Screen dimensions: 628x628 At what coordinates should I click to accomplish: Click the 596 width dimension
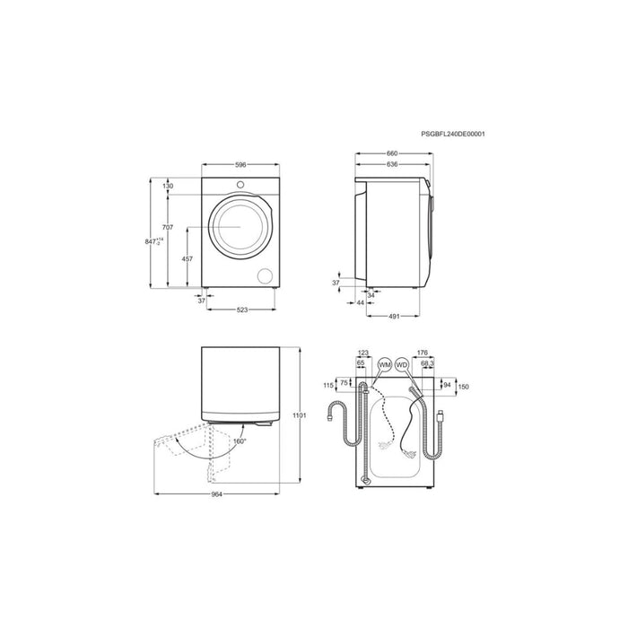[240, 165]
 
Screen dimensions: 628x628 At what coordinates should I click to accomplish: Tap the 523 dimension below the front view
[242, 310]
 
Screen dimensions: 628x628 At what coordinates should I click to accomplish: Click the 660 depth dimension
[391, 153]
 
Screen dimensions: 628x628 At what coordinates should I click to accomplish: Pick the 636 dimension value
[391, 164]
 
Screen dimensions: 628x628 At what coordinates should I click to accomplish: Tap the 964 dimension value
[216, 494]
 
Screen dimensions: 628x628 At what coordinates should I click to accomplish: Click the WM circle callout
[385, 365]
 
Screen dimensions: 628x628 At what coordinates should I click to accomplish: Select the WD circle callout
[401, 365]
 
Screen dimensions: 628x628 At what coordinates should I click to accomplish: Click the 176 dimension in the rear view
[424, 353]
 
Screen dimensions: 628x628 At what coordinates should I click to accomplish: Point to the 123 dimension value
[363, 353]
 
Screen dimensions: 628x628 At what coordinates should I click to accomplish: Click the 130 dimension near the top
[169, 186]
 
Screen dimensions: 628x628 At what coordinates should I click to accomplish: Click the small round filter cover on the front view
[265, 275]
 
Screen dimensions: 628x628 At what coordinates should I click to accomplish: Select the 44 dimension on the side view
[360, 303]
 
